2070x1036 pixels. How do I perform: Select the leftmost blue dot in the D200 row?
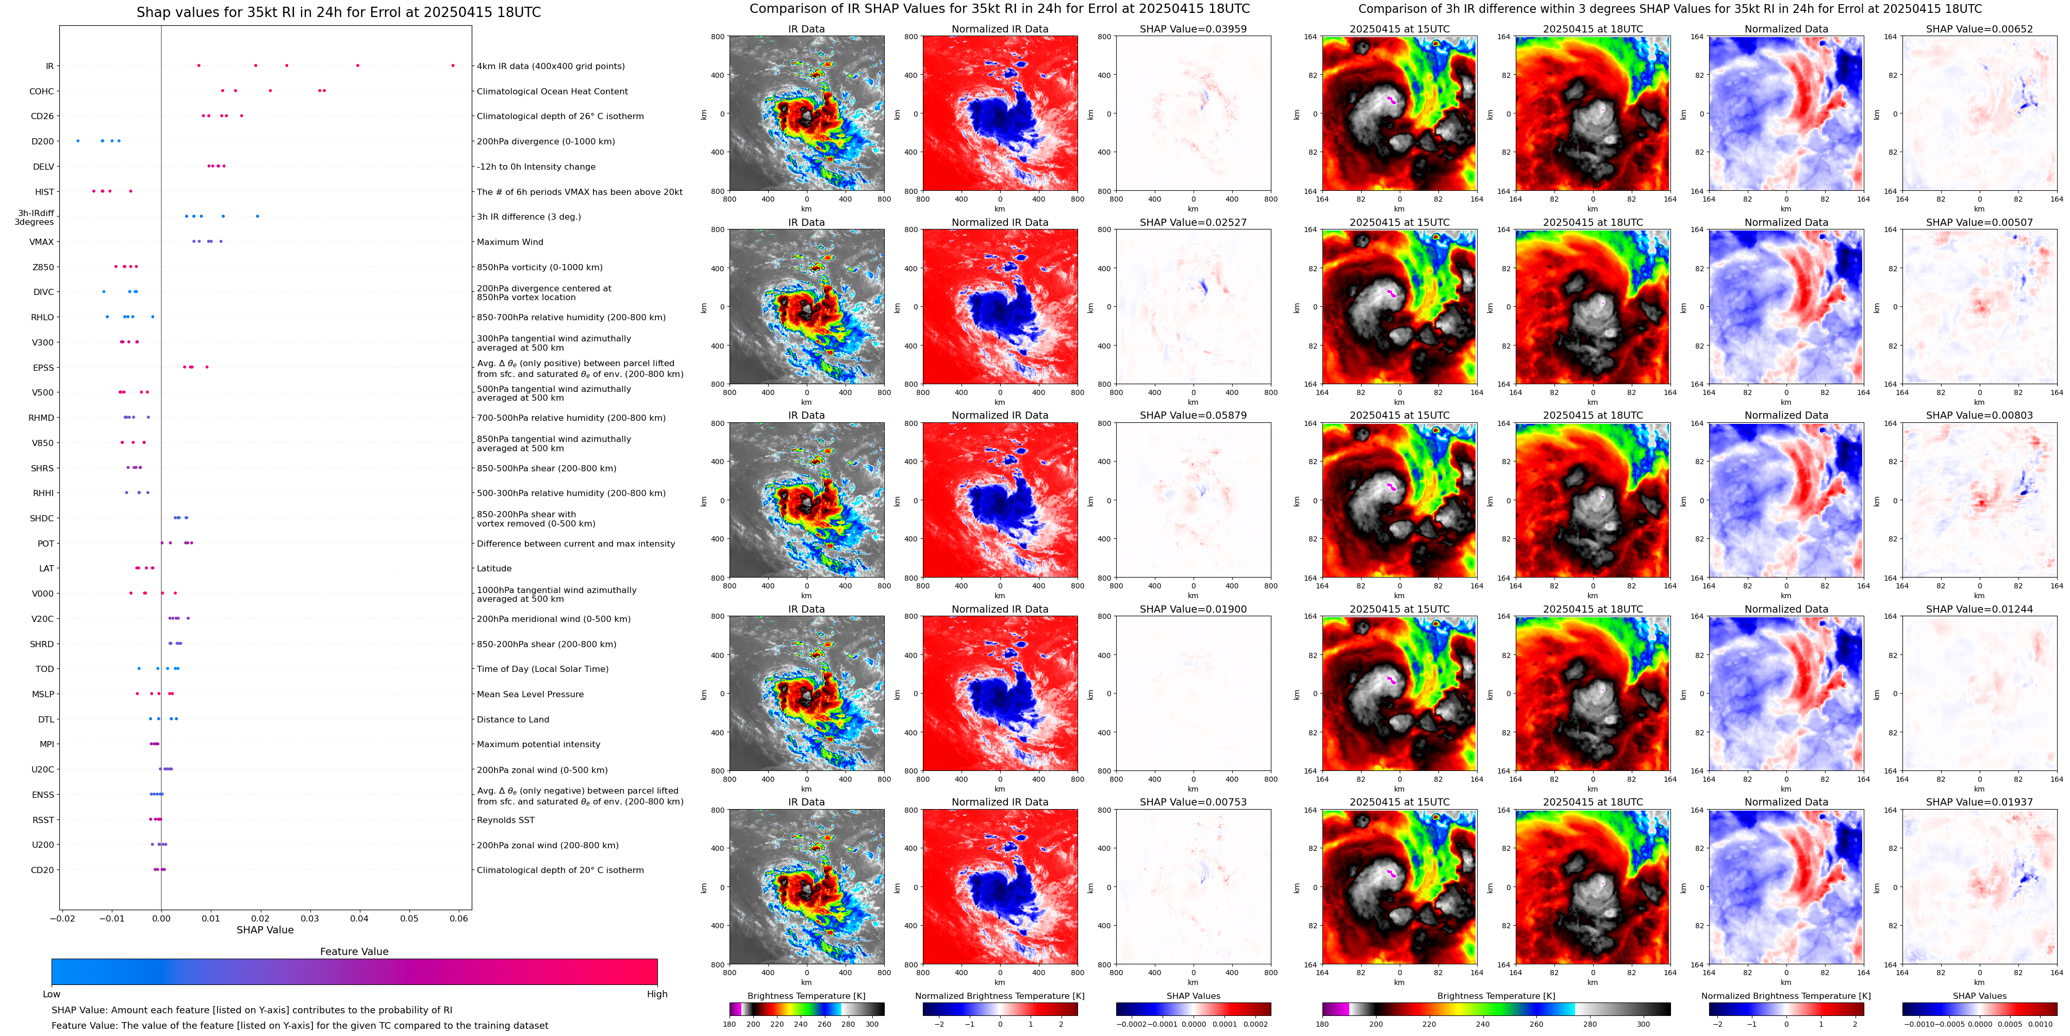pyautogui.click(x=78, y=141)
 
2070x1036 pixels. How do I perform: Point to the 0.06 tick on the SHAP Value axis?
pyautogui.click(x=458, y=918)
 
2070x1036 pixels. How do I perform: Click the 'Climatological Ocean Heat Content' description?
pyautogui.click(x=552, y=92)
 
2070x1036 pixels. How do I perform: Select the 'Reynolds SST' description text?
pyautogui.click(x=505, y=820)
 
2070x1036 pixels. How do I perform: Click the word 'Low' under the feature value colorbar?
pyautogui.click(x=52, y=994)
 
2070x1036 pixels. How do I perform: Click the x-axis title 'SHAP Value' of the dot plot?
pyautogui.click(x=265, y=930)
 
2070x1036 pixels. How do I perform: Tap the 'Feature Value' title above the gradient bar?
pyautogui.click(x=354, y=951)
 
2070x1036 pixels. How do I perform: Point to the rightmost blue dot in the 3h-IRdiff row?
pyautogui.click(x=257, y=216)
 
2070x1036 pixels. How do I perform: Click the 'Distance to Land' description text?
pyautogui.click(x=512, y=719)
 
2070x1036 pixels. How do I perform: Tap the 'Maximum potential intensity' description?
pyautogui.click(x=538, y=744)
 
